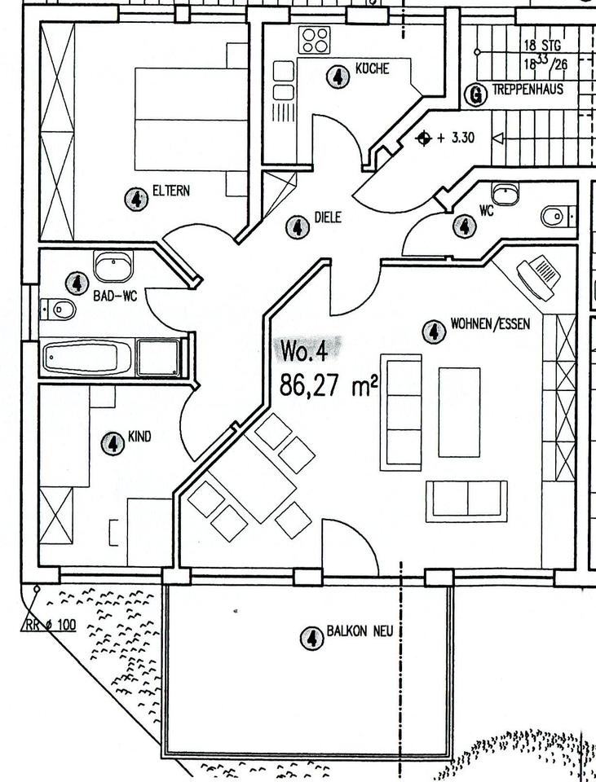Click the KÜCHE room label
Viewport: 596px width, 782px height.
[373, 69]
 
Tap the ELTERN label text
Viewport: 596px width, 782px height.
[171, 191]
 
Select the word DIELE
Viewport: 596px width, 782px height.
[327, 218]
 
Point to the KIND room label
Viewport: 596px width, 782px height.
[139, 437]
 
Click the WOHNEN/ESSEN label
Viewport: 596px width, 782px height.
[490, 324]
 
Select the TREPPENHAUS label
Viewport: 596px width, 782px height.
[528, 90]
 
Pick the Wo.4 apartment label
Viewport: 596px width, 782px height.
[304, 351]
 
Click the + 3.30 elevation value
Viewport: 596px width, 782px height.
[455, 138]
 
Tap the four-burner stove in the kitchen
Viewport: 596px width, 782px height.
[315, 39]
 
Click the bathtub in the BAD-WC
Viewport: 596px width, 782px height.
[87, 357]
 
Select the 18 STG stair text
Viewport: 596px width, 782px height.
[542, 46]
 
